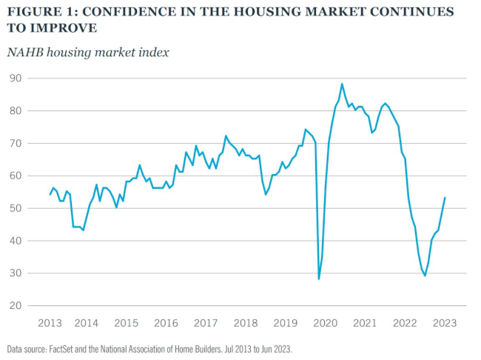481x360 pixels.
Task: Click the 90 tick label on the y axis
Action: click(x=13, y=78)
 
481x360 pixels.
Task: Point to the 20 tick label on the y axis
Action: click(x=13, y=306)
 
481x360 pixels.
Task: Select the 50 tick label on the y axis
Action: click(x=13, y=208)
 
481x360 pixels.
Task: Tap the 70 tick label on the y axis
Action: click(x=13, y=143)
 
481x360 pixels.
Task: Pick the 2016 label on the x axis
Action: click(x=166, y=324)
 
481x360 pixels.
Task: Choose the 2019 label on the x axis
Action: click(x=286, y=324)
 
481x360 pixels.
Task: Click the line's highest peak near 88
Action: click(x=342, y=84)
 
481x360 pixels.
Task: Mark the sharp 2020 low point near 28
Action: click(x=319, y=279)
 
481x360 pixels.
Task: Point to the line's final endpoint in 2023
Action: click(x=445, y=198)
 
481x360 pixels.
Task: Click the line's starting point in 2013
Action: click(x=50, y=194)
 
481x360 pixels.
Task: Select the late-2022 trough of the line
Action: click(x=425, y=276)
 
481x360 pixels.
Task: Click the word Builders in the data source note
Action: click(x=242, y=347)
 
